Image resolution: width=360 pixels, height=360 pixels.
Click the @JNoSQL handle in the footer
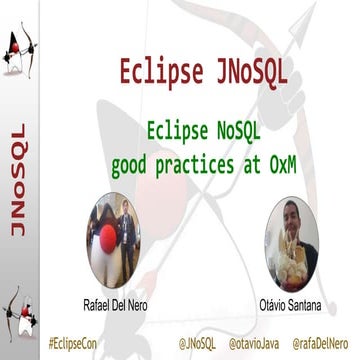(x=190, y=343)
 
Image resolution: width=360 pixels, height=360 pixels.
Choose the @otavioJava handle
(x=254, y=343)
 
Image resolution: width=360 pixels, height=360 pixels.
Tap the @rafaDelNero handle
(x=324, y=343)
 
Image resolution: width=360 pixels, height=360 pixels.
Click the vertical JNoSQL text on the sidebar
(x=17, y=180)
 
